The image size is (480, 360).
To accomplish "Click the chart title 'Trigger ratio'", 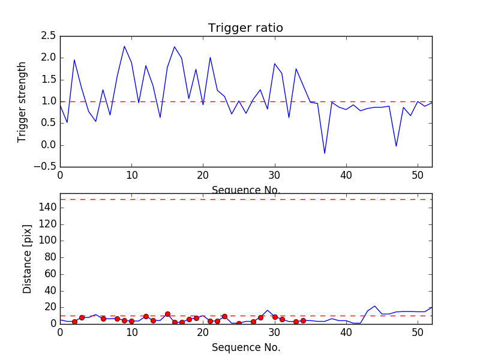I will pos(245,28).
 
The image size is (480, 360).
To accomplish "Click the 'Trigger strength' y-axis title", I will pos(22,101).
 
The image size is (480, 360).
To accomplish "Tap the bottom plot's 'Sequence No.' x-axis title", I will pos(246,347).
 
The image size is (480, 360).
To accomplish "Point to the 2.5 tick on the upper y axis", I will pos(49,36).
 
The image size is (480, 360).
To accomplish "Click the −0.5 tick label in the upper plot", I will pos(46,167).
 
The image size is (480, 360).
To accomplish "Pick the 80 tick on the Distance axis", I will pos(50,257).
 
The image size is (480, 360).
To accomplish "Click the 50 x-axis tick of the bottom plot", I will pos(418,332).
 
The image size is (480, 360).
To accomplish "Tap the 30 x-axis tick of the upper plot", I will pos(275,175).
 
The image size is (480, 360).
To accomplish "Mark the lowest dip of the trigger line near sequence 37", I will pos(325,154).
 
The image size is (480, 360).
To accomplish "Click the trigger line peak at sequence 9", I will pos(124,46).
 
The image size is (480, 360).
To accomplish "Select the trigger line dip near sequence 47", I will pos(396,146).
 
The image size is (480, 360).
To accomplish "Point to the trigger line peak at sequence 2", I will pos(74,59).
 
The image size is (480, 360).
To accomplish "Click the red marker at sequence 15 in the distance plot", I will pos(167,314).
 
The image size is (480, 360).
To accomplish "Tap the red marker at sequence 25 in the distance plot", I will pos(239,323).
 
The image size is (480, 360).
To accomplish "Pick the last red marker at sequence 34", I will pos(303,320).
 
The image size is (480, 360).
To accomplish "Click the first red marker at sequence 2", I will pos(74,322).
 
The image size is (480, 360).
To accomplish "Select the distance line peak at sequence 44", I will pos(375,306).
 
